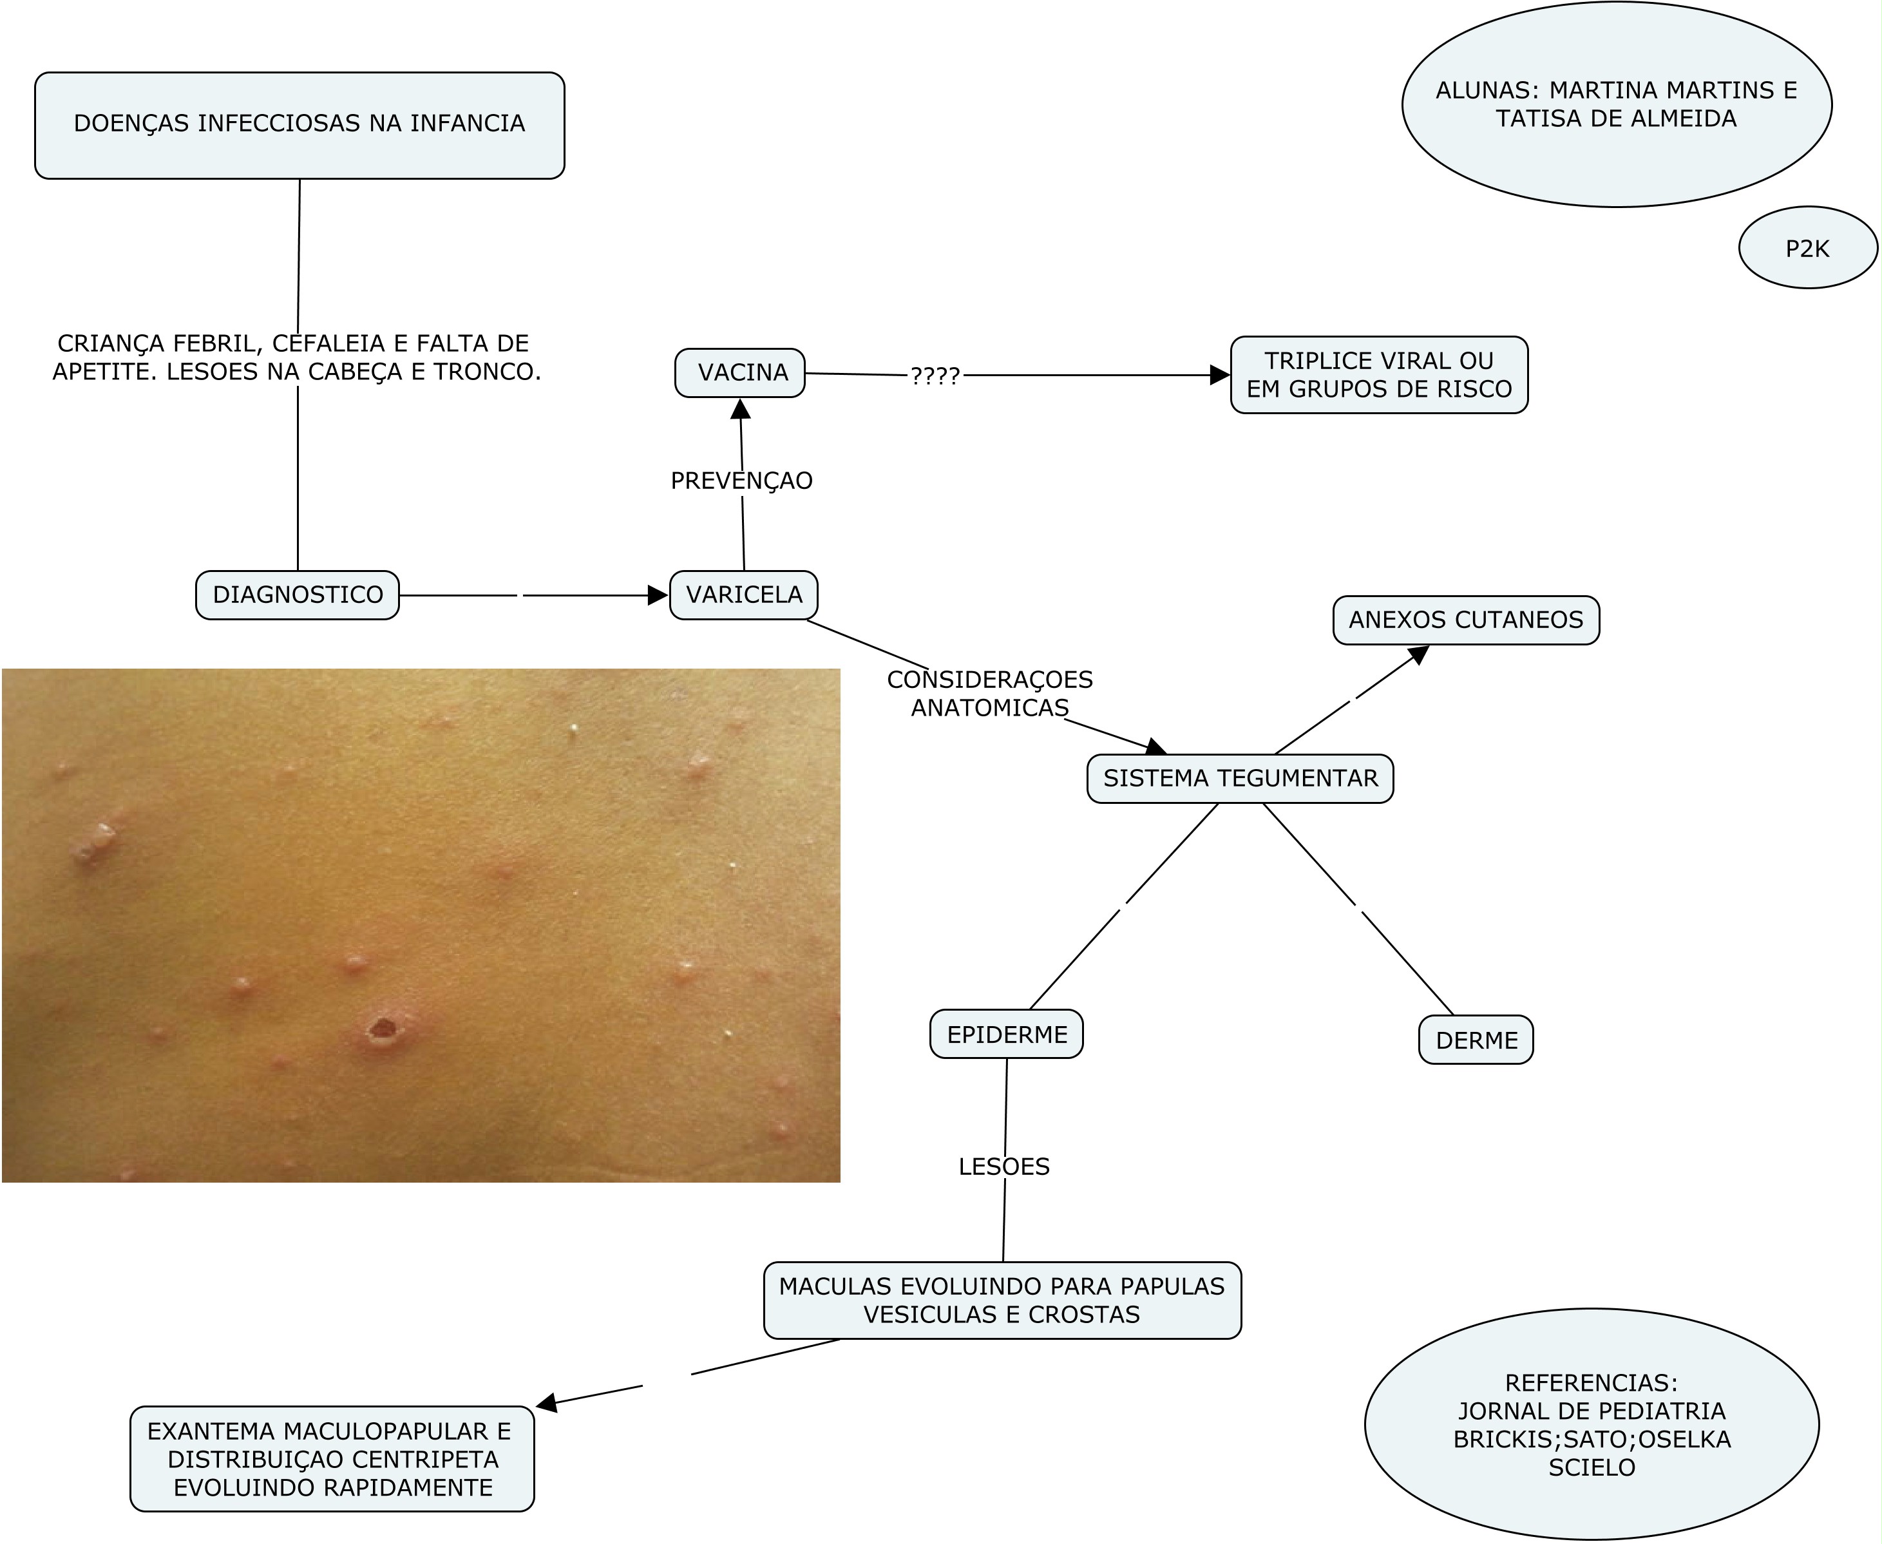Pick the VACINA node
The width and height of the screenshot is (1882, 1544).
click(x=740, y=373)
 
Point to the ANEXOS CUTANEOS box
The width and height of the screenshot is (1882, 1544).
click(x=1466, y=620)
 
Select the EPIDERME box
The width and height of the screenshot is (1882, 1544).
click(x=1006, y=1034)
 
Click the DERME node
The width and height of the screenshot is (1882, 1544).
click(x=1476, y=1040)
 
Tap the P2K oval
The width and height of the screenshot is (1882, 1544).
click(x=1807, y=248)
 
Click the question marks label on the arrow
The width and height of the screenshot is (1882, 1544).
click(x=935, y=376)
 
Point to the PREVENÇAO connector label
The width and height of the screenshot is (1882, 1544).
click(x=742, y=481)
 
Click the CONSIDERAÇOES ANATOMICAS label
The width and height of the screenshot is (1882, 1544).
click(x=990, y=694)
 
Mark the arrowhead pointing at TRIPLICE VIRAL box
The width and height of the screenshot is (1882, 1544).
click(x=1221, y=376)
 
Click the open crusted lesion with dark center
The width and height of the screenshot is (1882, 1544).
click(x=383, y=1029)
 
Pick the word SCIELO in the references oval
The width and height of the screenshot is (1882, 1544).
click(x=1591, y=1467)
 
